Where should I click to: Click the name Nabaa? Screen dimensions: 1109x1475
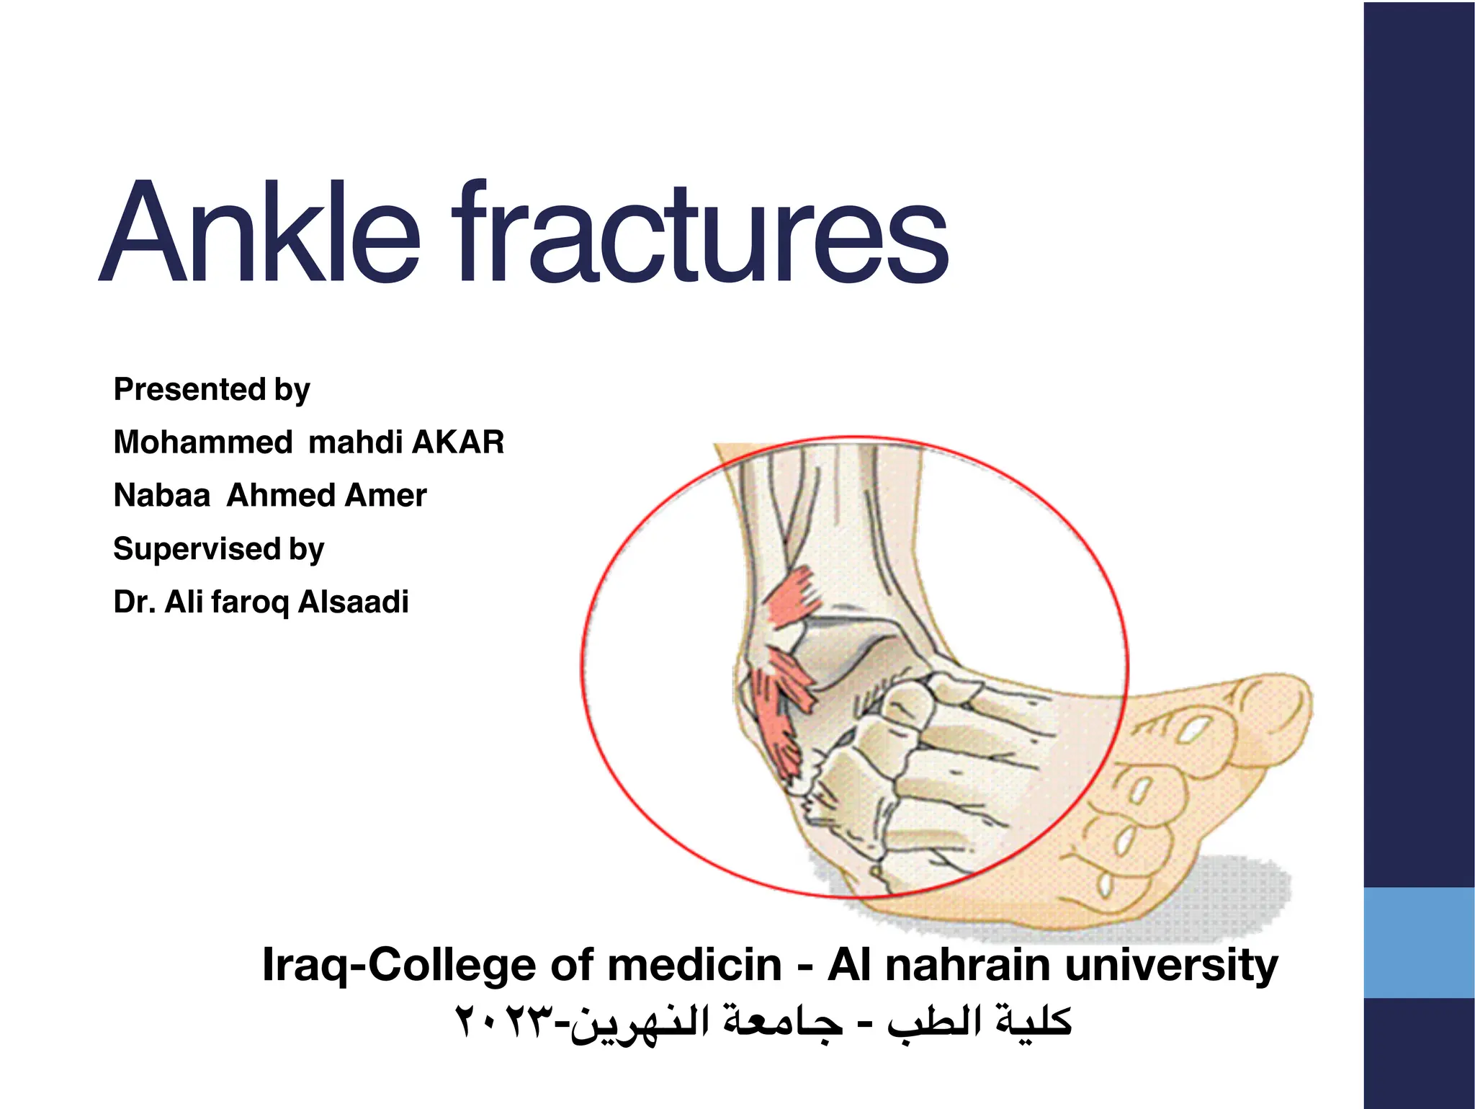point(162,495)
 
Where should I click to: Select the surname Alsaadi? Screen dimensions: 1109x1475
point(353,602)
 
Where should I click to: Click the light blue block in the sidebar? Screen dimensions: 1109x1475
point(1418,942)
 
